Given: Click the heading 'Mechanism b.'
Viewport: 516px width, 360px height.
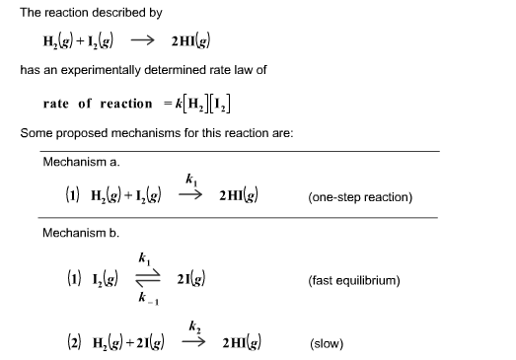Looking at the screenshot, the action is (x=81, y=233).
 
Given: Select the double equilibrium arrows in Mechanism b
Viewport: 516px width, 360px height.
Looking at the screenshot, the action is (x=147, y=279).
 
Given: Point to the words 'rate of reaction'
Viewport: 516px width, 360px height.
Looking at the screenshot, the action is (x=98, y=104).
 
